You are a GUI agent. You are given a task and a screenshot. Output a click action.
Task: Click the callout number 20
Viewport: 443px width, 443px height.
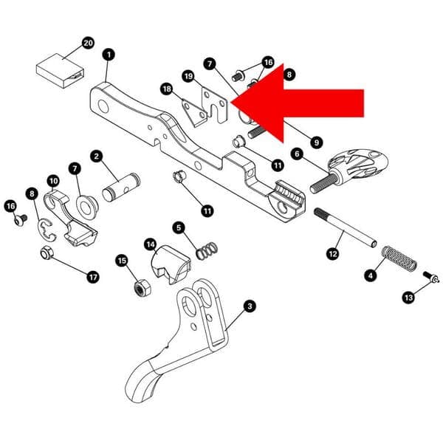point(88,44)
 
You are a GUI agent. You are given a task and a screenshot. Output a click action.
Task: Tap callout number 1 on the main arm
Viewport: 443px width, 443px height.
point(109,55)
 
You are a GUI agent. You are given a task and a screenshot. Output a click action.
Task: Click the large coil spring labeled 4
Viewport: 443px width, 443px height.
point(398,261)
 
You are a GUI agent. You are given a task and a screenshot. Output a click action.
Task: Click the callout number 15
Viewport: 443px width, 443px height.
point(122,260)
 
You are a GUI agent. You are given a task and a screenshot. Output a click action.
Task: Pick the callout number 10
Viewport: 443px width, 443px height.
point(53,180)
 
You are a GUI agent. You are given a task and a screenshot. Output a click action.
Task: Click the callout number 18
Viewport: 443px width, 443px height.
point(165,88)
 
